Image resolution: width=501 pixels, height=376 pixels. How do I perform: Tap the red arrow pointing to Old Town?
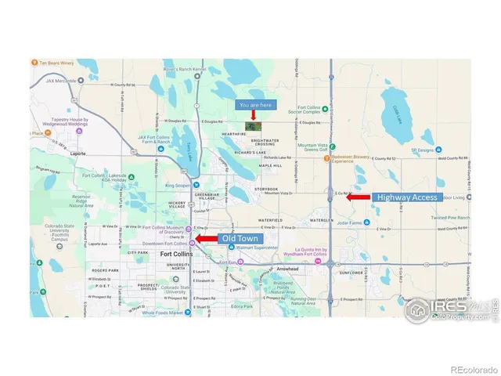click(x=206, y=238)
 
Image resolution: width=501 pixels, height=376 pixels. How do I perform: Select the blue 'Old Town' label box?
click(x=239, y=238)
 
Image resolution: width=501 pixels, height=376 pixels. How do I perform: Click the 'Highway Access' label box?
click(x=407, y=197)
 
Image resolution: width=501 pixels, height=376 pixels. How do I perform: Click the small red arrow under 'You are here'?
click(x=253, y=115)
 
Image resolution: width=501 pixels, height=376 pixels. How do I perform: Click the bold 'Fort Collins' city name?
click(x=177, y=255)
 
